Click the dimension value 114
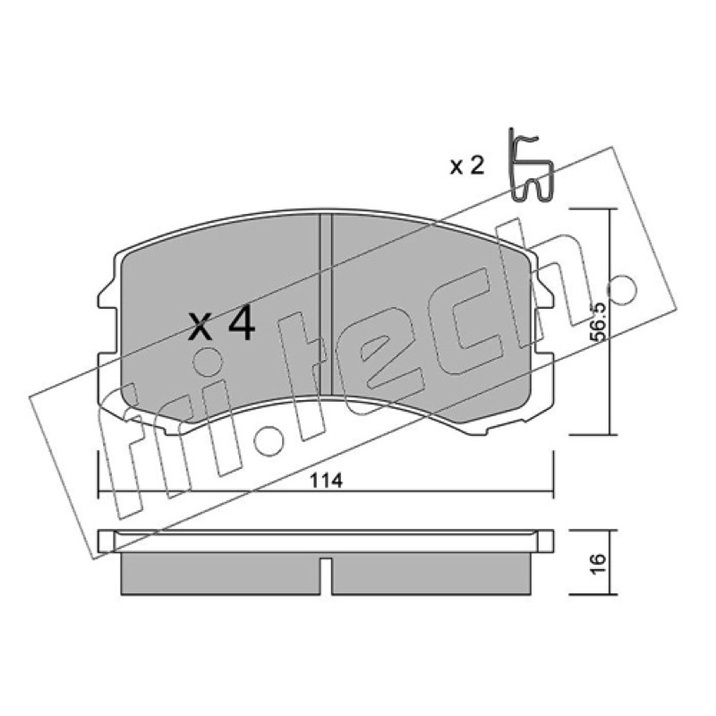pyautogui.click(x=326, y=481)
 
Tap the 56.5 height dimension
pyautogui.click(x=597, y=321)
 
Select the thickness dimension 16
pyautogui.click(x=598, y=563)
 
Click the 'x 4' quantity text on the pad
pyautogui.click(x=222, y=324)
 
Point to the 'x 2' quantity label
pyautogui.click(x=466, y=166)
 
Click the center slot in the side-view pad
pyautogui.click(x=326, y=575)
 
